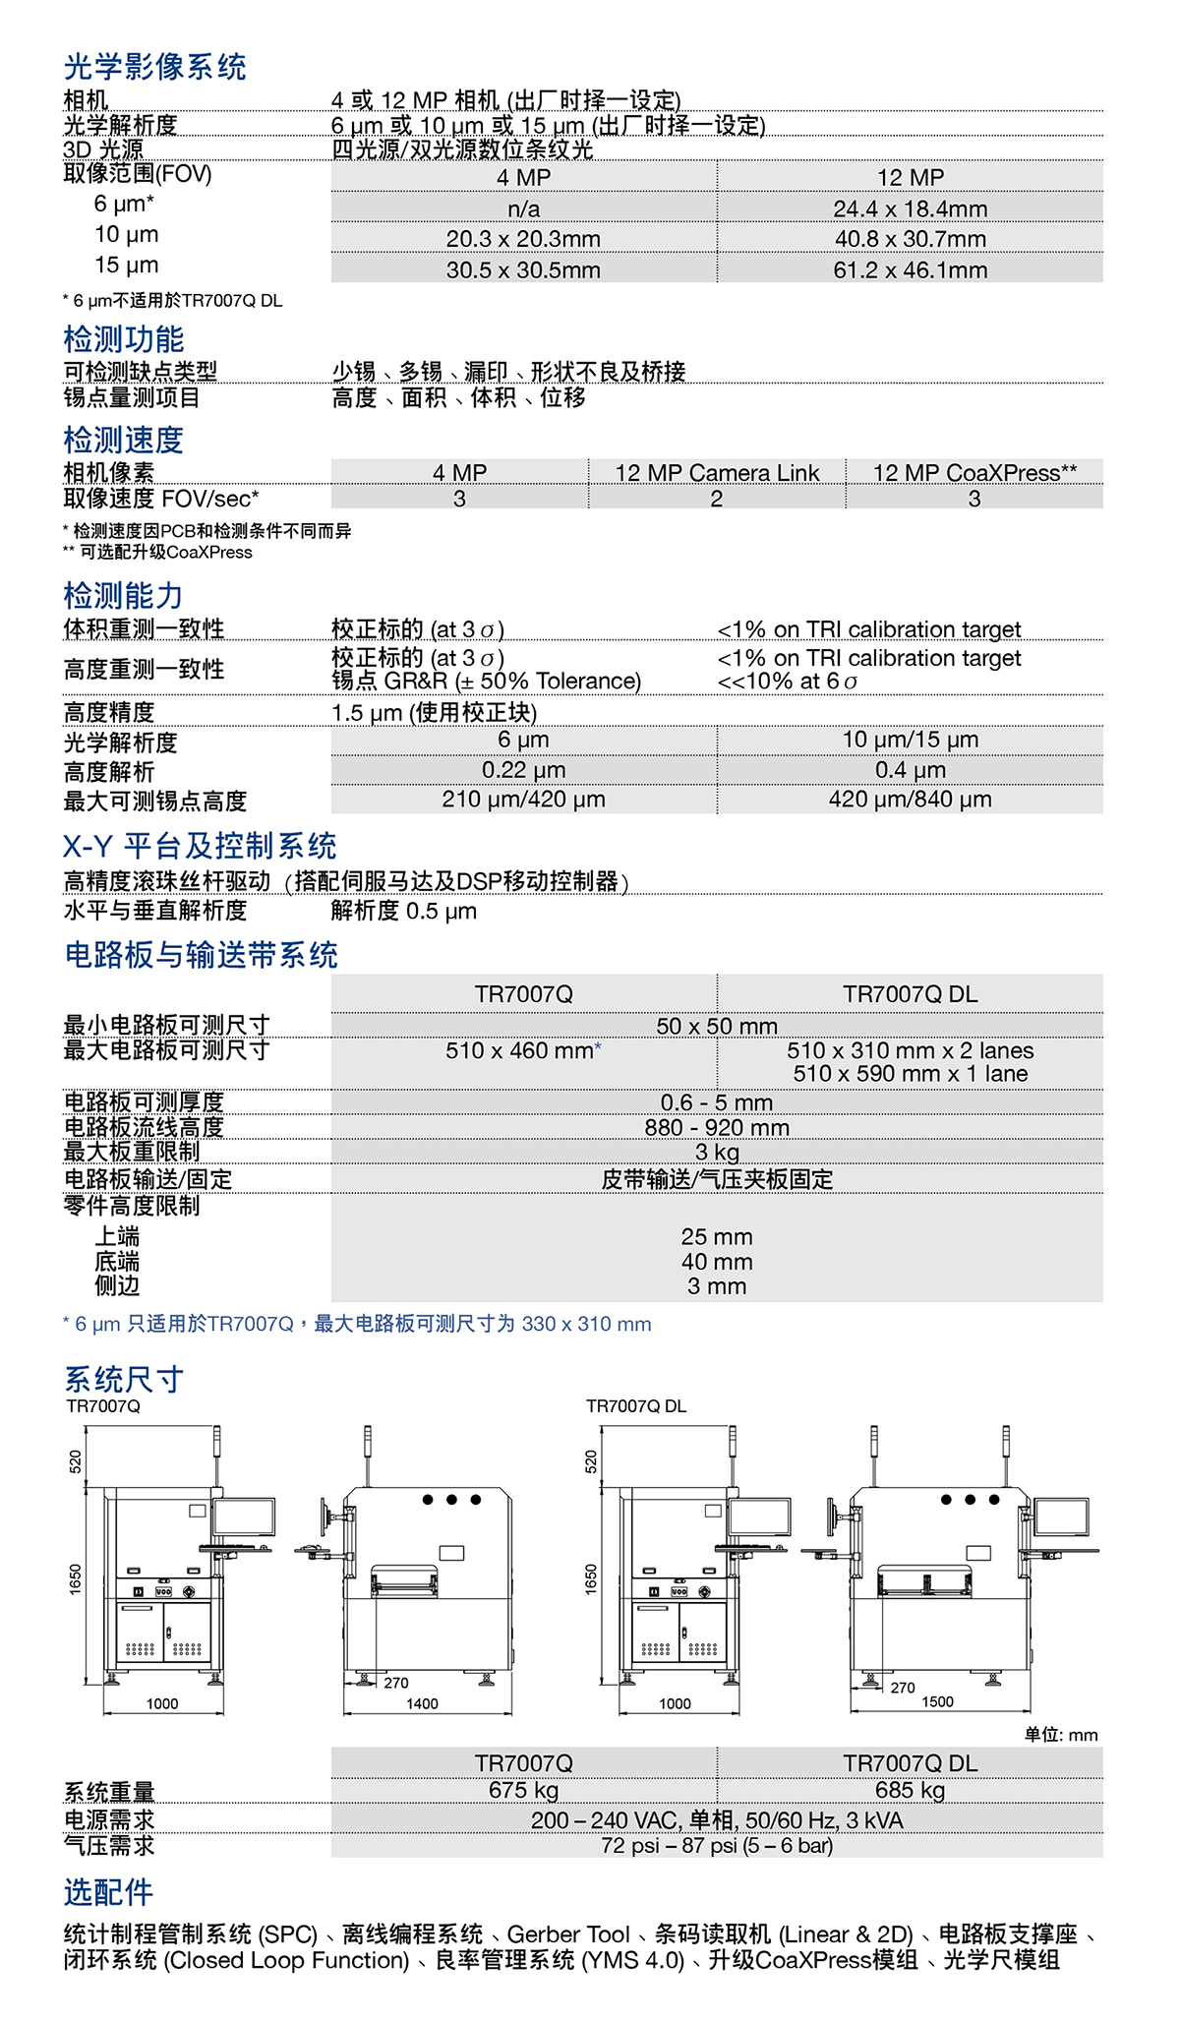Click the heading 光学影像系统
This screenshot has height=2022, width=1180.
154,67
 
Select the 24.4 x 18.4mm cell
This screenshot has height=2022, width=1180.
910,208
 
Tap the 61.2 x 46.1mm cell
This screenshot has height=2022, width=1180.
910,269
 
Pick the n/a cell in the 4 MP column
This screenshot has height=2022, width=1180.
523,208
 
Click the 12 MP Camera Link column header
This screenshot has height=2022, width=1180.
717,473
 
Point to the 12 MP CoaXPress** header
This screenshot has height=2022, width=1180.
974,473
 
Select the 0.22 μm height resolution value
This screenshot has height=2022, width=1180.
523,770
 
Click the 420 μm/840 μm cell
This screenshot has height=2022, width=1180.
910,800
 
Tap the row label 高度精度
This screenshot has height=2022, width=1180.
109,712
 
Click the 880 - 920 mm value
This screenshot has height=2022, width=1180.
717,1127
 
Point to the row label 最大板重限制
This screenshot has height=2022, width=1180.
132,1152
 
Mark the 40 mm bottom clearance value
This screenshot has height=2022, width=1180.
717,1262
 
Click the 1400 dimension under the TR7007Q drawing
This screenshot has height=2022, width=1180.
422,1703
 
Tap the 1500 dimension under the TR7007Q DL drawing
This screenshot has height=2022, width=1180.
937,1701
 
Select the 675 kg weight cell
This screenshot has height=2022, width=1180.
523,1790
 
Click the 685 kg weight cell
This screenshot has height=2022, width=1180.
910,1790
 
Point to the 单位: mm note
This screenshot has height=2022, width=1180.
1061,1735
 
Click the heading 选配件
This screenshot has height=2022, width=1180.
109,1891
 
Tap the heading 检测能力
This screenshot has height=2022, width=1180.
123,595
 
